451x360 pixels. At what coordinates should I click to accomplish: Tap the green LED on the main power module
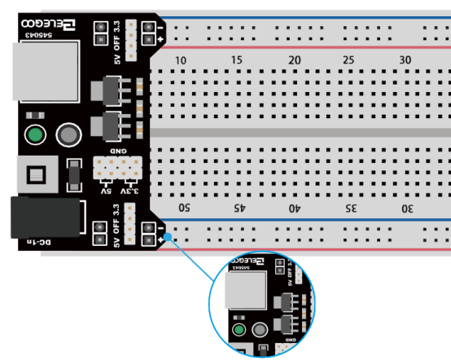[x=35, y=134]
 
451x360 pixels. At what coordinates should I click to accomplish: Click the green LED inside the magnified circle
[x=239, y=330]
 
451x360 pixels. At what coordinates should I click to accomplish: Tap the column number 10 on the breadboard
[x=181, y=61]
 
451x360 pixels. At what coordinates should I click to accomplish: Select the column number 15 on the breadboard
[x=237, y=61]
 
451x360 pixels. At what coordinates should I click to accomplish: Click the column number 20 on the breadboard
[x=295, y=61]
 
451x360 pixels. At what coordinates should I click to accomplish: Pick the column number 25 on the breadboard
[x=351, y=61]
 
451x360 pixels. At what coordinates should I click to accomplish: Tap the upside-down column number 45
[x=240, y=209]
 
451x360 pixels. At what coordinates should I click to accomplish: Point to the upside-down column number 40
[x=296, y=209]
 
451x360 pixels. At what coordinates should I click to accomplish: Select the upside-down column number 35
[x=352, y=209]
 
